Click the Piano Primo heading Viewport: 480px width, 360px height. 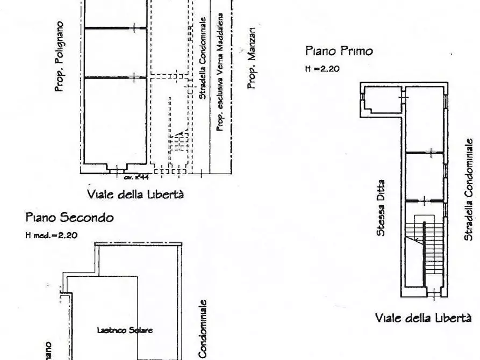click(339, 52)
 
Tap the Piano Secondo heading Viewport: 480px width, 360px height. click(70, 218)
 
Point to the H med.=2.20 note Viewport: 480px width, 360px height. click(52, 235)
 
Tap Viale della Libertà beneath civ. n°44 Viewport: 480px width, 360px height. click(135, 194)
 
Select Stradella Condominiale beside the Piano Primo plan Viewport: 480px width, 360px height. click(468, 188)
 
